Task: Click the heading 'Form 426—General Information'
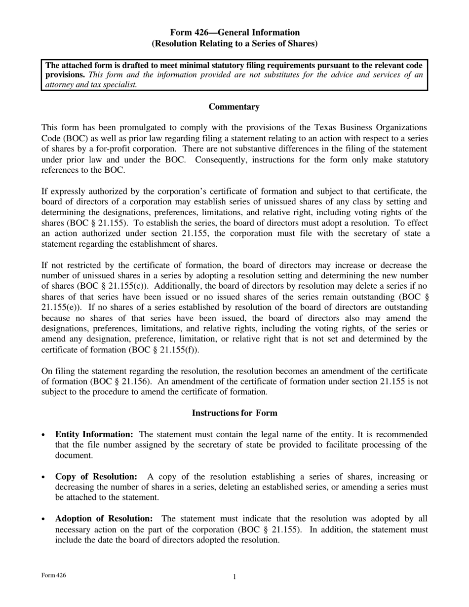(234, 33)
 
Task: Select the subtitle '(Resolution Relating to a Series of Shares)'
(234, 43)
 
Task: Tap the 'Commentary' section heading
(234, 107)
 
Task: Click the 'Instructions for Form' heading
(234, 413)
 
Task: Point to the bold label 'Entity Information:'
(94, 435)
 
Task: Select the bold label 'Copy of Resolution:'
(96, 477)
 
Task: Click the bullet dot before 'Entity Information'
(44, 435)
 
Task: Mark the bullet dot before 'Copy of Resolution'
(44, 477)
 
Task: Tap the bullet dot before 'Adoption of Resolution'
(44, 519)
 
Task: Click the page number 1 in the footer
(234, 577)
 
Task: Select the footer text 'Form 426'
(54, 575)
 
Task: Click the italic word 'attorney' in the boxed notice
(61, 84)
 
